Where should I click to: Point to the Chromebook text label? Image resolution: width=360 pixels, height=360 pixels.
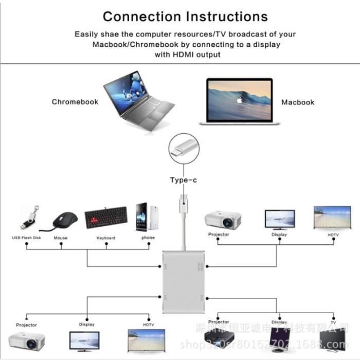[x=75, y=102]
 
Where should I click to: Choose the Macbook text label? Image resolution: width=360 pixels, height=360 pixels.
[x=297, y=102]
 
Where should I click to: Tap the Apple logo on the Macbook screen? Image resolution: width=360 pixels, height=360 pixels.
[x=239, y=100]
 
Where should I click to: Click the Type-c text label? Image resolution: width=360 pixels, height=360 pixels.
[x=184, y=180]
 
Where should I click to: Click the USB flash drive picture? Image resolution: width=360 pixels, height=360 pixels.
[x=29, y=218]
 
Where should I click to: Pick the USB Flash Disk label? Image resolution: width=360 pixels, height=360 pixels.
[x=27, y=238]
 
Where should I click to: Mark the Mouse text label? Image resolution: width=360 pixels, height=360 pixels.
[x=61, y=238]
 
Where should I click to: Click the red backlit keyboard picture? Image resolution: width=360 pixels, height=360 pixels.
[x=106, y=218]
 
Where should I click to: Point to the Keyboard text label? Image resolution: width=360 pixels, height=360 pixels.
[x=106, y=238]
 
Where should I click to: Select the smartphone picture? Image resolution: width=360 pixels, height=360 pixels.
[x=146, y=217]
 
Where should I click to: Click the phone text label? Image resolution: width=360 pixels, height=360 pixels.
[x=148, y=238]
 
